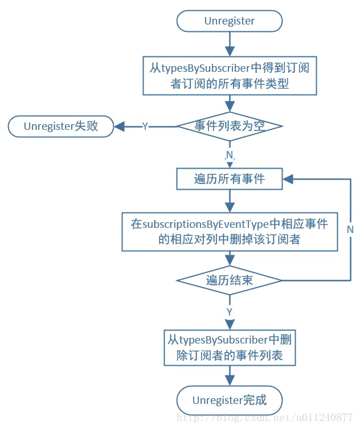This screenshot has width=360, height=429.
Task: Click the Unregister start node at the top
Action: click(230, 21)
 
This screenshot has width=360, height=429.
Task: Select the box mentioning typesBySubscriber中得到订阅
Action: click(230, 76)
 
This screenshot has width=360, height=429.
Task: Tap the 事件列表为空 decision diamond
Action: click(230, 126)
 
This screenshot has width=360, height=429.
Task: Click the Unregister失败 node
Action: click(60, 126)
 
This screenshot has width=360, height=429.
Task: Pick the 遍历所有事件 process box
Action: click(230, 179)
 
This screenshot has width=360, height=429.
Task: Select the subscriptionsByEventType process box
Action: click(230, 232)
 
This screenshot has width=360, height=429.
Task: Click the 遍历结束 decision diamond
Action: click(230, 280)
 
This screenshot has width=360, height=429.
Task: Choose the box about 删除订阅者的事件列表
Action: click(230, 349)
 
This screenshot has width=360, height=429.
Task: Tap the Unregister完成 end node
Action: click(230, 400)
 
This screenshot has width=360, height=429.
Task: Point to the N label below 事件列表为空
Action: click(230, 155)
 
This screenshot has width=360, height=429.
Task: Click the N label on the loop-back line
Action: click(350, 229)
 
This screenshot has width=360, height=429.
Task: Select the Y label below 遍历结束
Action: click(230, 312)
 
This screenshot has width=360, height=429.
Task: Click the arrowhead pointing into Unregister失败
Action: click(120, 126)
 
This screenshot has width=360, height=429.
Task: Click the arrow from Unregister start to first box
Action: click(230, 43)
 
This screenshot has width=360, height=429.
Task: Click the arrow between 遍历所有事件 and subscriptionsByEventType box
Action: click(230, 201)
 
